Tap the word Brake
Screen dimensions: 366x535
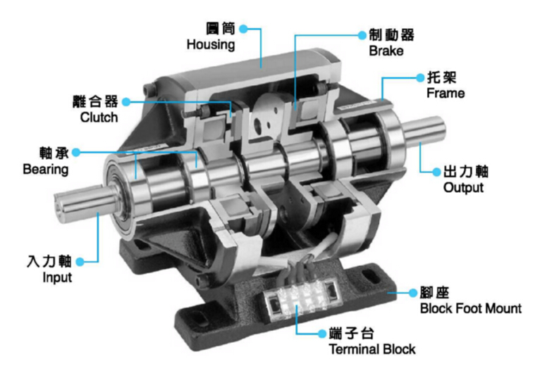[x=383, y=51]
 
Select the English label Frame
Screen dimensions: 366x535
[x=446, y=92]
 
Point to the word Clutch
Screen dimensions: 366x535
[x=99, y=117]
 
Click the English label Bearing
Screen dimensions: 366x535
[x=46, y=170]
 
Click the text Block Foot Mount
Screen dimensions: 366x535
[x=470, y=308]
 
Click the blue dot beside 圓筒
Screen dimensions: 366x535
[x=244, y=30]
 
